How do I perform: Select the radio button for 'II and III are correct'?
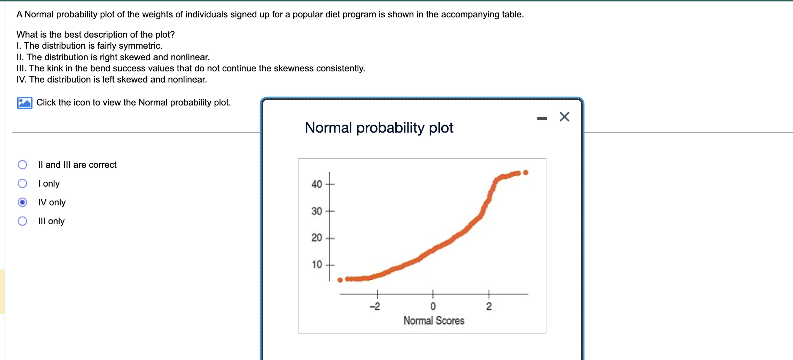(22, 165)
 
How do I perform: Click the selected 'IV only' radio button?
(22, 202)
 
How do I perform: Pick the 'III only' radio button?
(22, 221)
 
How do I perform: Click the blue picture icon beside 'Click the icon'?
(25, 103)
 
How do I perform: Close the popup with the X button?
(564, 117)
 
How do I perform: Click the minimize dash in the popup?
(542, 118)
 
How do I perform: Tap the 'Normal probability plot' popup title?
(379, 127)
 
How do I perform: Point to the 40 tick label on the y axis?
(317, 184)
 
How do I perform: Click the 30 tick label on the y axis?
(317, 211)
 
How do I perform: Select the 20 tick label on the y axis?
(317, 238)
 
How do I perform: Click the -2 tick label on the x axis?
(375, 306)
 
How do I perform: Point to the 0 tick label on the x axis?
(433, 306)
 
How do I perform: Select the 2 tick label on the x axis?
(489, 306)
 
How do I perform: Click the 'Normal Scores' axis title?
(434, 321)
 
